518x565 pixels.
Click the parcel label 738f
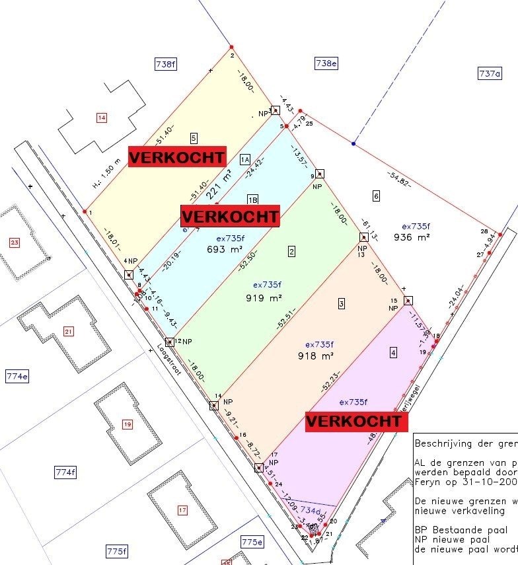(166, 64)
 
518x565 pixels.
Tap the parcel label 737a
(489, 74)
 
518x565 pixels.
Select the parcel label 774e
(17, 377)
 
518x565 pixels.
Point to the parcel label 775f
(116, 551)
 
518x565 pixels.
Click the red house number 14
(101, 118)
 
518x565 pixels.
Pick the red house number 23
(15, 243)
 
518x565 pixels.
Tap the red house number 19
(127, 424)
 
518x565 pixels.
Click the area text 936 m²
(412, 237)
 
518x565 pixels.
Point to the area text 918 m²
(315, 356)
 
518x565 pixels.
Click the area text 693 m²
(221, 250)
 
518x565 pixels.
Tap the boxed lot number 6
(376, 196)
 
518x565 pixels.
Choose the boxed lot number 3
(341, 304)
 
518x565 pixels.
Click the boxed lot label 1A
(245, 159)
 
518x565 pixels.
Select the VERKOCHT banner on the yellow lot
(176, 156)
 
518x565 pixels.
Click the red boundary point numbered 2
(231, 47)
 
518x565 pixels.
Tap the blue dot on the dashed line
(353, 143)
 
